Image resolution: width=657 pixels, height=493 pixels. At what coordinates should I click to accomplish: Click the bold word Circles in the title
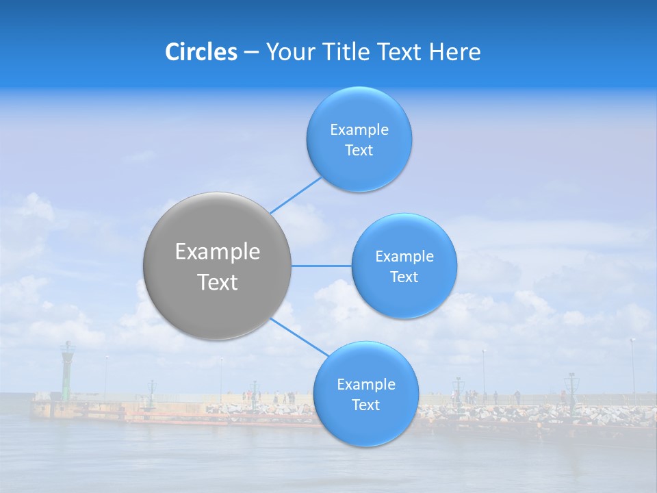click(201, 52)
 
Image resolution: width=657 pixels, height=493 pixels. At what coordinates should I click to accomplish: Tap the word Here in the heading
click(454, 52)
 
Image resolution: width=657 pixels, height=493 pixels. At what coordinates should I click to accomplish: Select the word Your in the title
click(289, 52)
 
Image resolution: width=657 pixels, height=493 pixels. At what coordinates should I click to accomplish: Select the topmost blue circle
click(359, 110)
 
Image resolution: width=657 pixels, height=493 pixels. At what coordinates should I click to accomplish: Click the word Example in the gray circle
click(218, 252)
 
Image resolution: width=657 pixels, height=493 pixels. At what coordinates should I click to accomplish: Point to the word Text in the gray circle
click(218, 282)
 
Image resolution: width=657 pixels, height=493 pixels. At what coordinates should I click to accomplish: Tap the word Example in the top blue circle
click(359, 130)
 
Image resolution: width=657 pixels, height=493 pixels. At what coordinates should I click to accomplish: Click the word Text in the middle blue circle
click(404, 277)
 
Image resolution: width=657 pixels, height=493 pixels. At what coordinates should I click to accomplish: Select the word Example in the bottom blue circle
click(366, 385)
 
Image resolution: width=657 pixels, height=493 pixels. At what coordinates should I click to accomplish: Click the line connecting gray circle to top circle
click(296, 195)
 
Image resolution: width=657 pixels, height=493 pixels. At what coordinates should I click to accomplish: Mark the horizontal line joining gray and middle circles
click(322, 266)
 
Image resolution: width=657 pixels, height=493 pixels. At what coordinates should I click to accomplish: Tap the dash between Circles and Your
click(251, 52)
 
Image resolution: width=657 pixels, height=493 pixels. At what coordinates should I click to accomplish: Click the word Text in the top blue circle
click(359, 151)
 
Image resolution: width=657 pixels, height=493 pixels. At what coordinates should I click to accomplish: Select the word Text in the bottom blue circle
click(365, 405)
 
